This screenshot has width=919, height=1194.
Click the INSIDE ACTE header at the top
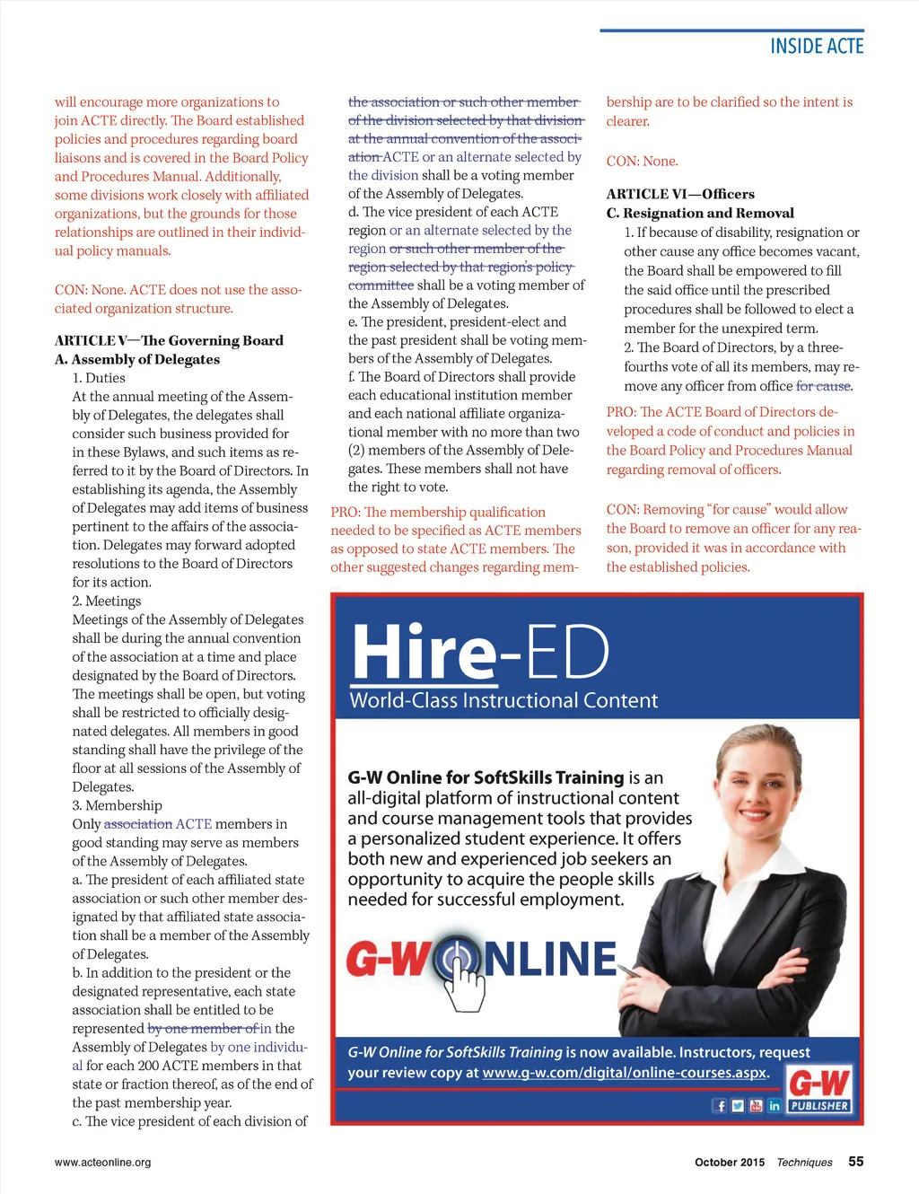pos(816,47)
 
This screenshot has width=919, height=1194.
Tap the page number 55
pos(856,1161)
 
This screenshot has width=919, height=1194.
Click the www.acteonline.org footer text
pos(102,1162)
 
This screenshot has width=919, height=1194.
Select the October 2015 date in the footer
pos(729,1162)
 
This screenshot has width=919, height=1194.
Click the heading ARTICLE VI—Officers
pos(680,194)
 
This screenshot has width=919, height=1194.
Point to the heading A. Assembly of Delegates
pos(137,359)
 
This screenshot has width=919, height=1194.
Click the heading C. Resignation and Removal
pos(700,213)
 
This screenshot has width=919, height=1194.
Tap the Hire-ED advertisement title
pos(480,652)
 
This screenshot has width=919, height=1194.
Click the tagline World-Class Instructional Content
pos(503,700)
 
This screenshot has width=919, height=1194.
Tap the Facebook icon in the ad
pos(720,1106)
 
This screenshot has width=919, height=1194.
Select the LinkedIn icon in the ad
pos(774,1106)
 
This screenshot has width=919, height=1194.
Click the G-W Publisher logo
pos(818,1090)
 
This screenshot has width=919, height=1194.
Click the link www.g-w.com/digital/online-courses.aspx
pos(625,1072)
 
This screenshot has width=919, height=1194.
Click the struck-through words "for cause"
pos(823,386)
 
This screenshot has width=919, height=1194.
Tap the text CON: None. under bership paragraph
pos(642,162)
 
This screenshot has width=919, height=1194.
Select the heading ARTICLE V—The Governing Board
pos(169,340)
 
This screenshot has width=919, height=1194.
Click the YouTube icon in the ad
pos(756,1106)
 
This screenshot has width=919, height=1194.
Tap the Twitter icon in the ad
pos(738,1106)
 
